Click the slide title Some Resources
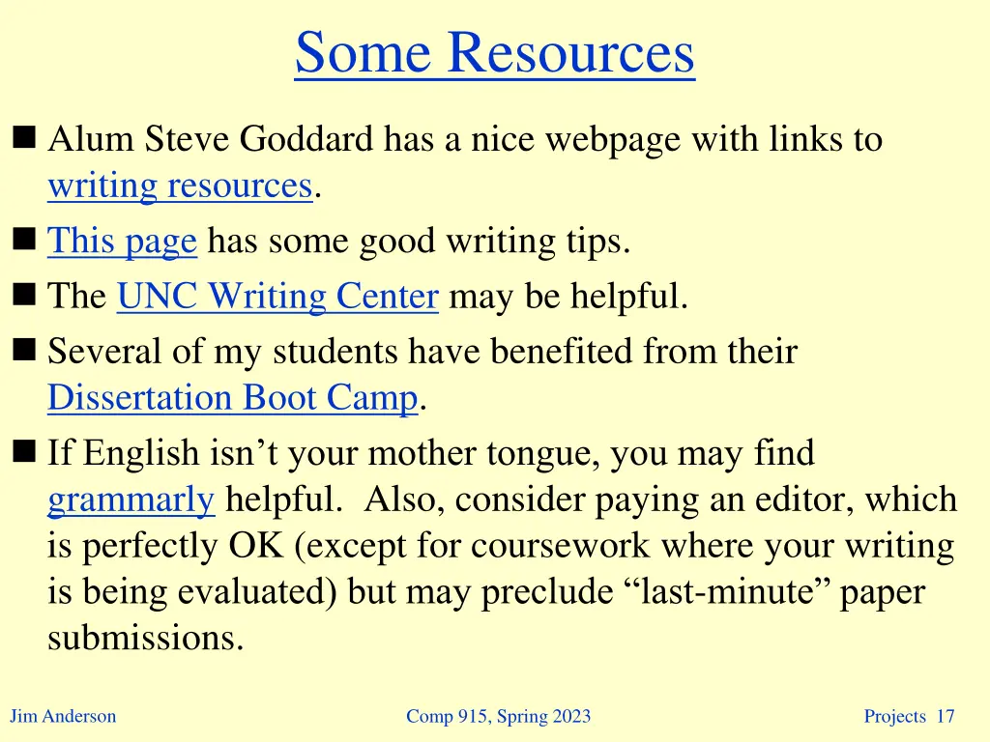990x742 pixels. pyautogui.click(x=494, y=52)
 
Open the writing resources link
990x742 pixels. pyautogui.click(x=180, y=185)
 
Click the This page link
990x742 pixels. pyautogui.click(x=122, y=241)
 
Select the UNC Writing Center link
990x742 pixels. pyautogui.click(x=277, y=297)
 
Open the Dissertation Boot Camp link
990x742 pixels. pyautogui.click(x=233, y=397)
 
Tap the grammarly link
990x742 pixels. pyautogui.click(x=131, y=499)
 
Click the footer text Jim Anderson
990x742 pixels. pyautogui.click(x=63, y=716)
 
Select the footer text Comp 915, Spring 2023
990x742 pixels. pyautogui.click(x=498, y=716)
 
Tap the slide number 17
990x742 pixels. pyautogui.click(x=946, y=716)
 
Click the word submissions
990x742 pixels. pyautogui.click(x=145, y=639)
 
